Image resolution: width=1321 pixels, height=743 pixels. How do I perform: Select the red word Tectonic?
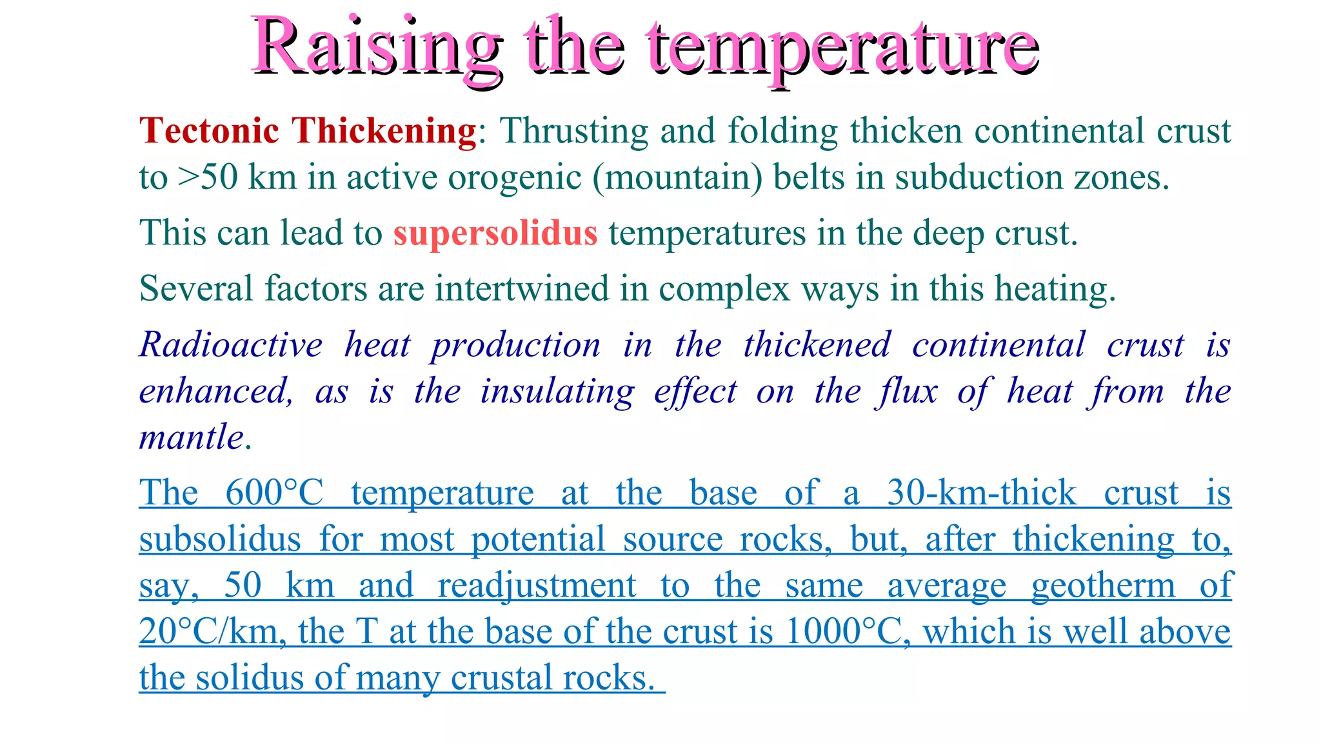pos(210,131)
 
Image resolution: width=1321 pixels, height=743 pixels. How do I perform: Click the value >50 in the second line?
pos(207,177)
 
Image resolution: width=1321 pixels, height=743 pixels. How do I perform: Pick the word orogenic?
pos(515,177)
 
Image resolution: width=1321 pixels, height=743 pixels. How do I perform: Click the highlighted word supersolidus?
pos(495,233)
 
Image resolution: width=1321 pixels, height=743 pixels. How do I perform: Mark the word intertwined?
pos(522,288)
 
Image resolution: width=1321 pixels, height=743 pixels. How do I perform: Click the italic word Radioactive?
pos(231,345)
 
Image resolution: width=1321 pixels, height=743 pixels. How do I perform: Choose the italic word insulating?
pos(557,391)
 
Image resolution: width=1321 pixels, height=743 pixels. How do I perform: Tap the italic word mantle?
pos(192,438)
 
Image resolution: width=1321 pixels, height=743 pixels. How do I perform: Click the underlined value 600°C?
pos(274,493)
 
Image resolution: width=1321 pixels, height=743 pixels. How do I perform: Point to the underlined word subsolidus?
pos(220,540)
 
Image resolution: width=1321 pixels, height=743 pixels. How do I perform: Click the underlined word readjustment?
pos(537,586)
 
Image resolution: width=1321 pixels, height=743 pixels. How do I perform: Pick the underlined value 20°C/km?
pos(212,632)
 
